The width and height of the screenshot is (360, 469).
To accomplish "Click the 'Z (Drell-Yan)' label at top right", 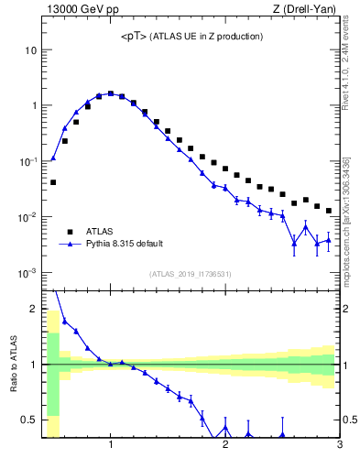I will coord(305,9).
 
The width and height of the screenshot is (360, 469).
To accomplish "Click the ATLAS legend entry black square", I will coord(69,232).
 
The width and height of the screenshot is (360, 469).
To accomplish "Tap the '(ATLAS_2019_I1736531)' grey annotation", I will coord(191,274).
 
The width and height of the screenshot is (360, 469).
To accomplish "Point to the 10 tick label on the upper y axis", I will coord(31,49).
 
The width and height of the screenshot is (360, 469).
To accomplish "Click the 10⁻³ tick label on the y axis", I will coord(28,273).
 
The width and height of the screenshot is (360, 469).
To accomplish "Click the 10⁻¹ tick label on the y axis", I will coord(28,161).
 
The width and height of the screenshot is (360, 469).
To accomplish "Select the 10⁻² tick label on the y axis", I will coord(28,217).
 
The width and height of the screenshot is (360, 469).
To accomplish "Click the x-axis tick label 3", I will coord(339,445).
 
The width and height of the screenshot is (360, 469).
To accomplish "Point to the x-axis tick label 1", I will coord(111,445).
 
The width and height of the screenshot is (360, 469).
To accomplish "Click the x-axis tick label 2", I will coord(225,445).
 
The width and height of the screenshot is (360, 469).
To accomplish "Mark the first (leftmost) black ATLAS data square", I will coord(53,182).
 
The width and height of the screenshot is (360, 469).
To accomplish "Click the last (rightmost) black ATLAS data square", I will coord(329,211).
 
